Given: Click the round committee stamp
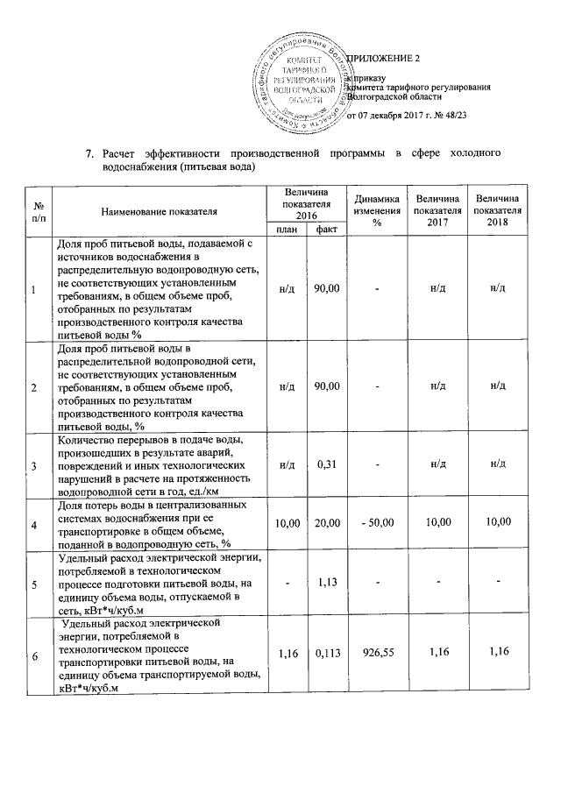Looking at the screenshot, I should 305,81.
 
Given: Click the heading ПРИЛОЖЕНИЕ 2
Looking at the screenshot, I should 385,59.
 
